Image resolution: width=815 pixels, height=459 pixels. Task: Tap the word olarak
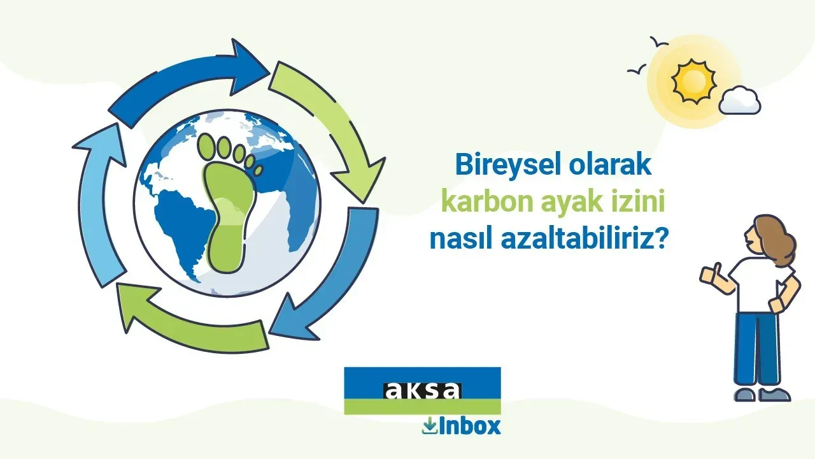[x=611, y=164]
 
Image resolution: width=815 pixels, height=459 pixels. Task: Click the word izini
[x=637, y=202]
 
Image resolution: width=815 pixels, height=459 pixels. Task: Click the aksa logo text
[x=423, y=391]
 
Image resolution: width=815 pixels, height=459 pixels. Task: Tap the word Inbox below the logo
[x=470, y=426]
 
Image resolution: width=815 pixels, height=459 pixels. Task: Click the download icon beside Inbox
[x=430, y=426]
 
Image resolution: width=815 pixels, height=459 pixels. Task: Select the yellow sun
[x=694, y=81]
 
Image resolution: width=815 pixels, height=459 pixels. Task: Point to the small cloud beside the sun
[x=739, y=100]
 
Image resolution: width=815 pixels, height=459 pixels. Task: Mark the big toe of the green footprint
[x=207, y=147]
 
